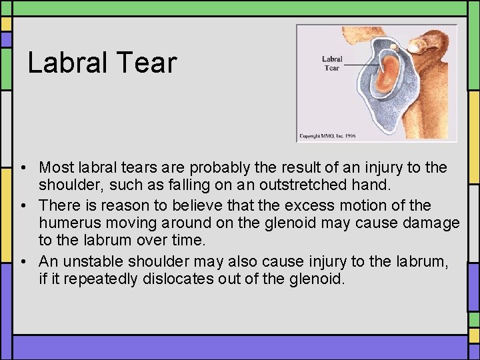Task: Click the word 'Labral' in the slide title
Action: [x=63, y=63]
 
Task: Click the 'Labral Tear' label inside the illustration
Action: [x=332, y=63]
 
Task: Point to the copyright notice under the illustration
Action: [x=327, y=135]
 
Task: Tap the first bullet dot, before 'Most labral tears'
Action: [x=23, y=167]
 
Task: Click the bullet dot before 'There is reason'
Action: [x=23, y=205]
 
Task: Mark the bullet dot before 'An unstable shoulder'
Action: [x=23, y=261]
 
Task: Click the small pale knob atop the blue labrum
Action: [x=395, y=47]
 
